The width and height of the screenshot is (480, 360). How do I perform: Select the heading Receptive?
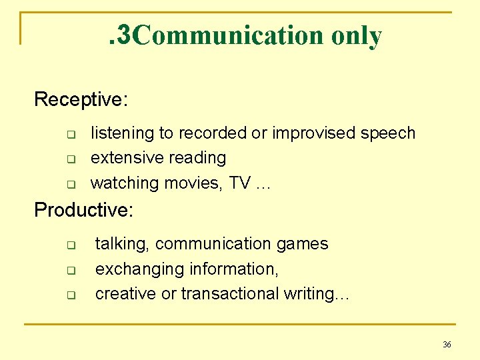81,99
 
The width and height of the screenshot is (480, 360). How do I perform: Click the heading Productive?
84,210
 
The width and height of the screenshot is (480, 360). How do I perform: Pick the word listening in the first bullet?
122,133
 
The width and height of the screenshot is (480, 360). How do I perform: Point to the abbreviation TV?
239,183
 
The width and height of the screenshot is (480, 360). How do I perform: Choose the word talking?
123,244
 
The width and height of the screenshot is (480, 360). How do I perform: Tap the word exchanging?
140,269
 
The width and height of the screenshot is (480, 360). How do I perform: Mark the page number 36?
447,344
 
